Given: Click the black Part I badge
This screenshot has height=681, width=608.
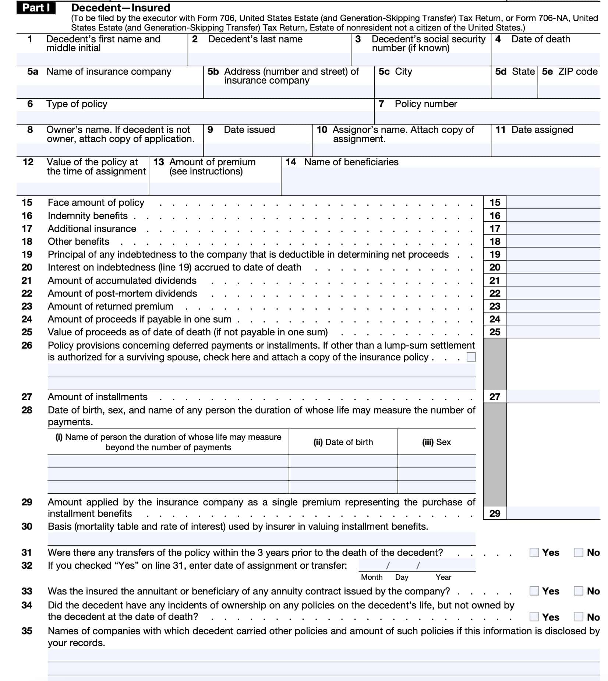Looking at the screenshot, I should click(x=36, y=8).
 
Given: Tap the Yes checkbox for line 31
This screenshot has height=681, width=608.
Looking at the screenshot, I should click(x=534, y=553).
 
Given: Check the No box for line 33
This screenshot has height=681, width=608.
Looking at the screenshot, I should click(x=579, y=591).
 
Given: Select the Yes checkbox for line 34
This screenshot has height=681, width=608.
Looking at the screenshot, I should click(x=534, y=617).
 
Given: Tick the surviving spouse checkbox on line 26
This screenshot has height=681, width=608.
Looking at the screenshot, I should click(x=471, y=357).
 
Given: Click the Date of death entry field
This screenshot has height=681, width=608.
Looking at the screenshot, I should click(x=545, y=59).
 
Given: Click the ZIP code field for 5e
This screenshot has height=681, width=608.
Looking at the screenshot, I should click(x=569, y=92).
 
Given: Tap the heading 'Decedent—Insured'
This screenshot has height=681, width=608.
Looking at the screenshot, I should click(x=120, y=8).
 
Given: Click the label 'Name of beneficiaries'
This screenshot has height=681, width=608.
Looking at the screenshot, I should click(x=351, y=162).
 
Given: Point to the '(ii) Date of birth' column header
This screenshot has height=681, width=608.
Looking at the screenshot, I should click(x=343, y=442).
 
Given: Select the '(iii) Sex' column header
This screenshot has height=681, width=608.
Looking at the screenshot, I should click(x=436, y=442).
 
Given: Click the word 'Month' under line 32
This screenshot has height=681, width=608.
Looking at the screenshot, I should click(x=372, y=577).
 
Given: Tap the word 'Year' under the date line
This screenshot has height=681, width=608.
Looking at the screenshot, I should click(x=443, y=577).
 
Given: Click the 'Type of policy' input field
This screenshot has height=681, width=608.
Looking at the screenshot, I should click(x=195, y=117).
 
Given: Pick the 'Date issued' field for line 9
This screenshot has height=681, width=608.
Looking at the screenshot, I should click(x=258, y=149).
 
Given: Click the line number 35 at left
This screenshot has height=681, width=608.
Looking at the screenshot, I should click(x=27, y=631).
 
